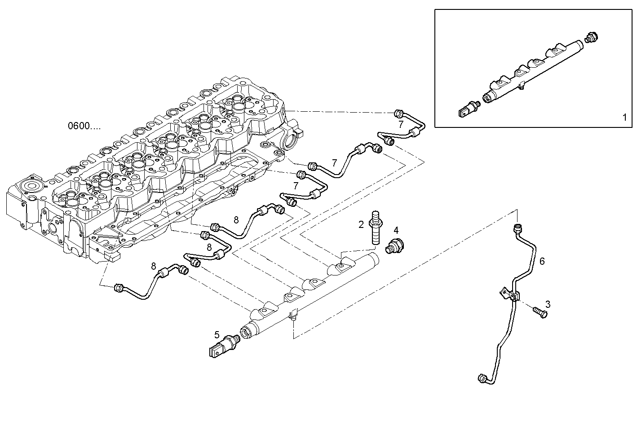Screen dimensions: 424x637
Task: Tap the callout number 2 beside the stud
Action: point(361,225)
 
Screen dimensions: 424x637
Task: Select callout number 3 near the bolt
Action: point(548,304)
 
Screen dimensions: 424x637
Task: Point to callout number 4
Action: point(396,230)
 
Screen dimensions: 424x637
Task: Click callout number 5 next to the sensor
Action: point(217,334)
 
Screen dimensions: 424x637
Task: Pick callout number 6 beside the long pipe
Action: point(542,261)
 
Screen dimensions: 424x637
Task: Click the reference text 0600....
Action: point(84,126)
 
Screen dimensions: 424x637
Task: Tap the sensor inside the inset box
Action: point(469,108)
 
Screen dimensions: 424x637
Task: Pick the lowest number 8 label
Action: point(154,267)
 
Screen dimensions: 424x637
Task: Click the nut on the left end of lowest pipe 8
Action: point(119,287)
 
